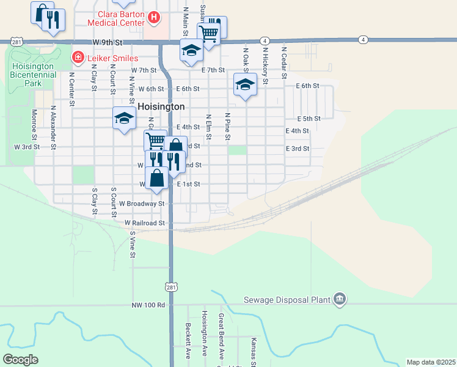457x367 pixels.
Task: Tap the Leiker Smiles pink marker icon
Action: [78, 57]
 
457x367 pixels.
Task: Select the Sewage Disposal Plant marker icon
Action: [340, 299]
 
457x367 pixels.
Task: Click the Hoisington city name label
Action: [161, 106]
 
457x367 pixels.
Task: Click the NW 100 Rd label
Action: [148, 305]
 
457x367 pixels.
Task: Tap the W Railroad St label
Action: [145, 224]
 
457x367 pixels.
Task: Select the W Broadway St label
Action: [142, 203]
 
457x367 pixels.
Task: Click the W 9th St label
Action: [109, 42]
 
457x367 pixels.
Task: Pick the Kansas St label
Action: [253, 350]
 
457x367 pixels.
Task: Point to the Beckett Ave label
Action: [189, 339]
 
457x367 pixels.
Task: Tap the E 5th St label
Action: [309, 119]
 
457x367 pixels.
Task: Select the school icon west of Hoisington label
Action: [124, 117]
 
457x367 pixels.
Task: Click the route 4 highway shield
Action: [364, 40]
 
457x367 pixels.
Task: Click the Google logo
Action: [20, 360]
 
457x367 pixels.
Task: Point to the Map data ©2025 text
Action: [431, 362]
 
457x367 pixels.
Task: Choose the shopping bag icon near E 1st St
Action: [157, 178]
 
